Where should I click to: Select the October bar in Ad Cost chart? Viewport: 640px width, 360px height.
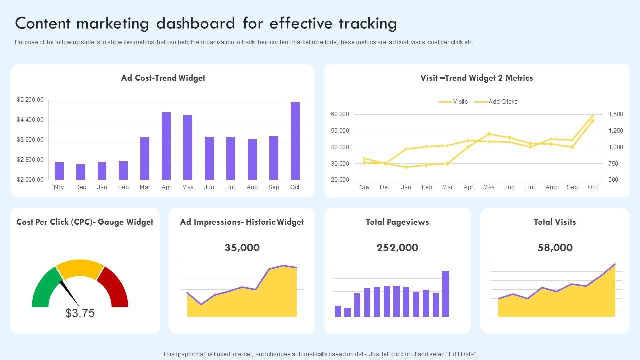(295, 141)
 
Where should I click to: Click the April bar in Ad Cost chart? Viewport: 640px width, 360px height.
(166, 146)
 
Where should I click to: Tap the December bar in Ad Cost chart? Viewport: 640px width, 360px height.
(81, 171)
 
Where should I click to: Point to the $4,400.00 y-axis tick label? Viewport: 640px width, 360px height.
(30, 120)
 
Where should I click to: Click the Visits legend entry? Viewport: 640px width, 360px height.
(454, 102)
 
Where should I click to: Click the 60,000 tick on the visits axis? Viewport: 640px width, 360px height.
(340, 114)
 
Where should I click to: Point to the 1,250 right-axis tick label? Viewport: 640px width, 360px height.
(616, 131)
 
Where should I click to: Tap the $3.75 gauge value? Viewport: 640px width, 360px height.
(80, 313)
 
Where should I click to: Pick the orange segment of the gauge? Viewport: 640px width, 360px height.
(80, 269)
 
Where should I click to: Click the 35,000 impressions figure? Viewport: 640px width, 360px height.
(242, 248)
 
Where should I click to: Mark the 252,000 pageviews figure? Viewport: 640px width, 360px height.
(397, 248)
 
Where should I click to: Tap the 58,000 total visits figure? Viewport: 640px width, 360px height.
(555, 248)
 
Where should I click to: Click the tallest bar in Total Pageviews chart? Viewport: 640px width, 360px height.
(445, 293)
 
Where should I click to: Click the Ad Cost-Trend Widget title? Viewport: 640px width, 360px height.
(163, 78)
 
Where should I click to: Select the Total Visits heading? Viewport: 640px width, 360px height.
(555, 222)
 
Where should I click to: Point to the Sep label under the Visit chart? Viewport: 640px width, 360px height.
(572, 187)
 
